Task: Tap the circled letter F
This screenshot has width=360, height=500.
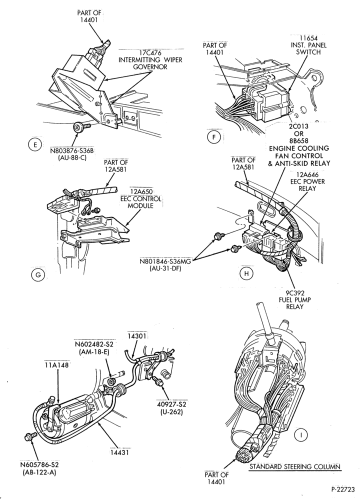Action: pyautogui.click(x=214, y=137)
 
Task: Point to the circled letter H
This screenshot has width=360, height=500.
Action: pyautogui.click(x=246, y=273)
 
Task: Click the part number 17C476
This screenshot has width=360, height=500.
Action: pyautogui.click(x=150, y=53)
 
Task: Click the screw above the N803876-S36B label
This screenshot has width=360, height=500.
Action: pyautogui.click(x=82, y=128)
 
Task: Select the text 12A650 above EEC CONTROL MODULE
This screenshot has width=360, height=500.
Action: pyautogui.click(x=140, y=191)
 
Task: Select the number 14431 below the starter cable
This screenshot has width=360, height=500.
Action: pyautogui.click(x=119, y=452)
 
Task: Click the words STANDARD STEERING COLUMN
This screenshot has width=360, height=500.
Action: pyautogui.click(x=295, y=467)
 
